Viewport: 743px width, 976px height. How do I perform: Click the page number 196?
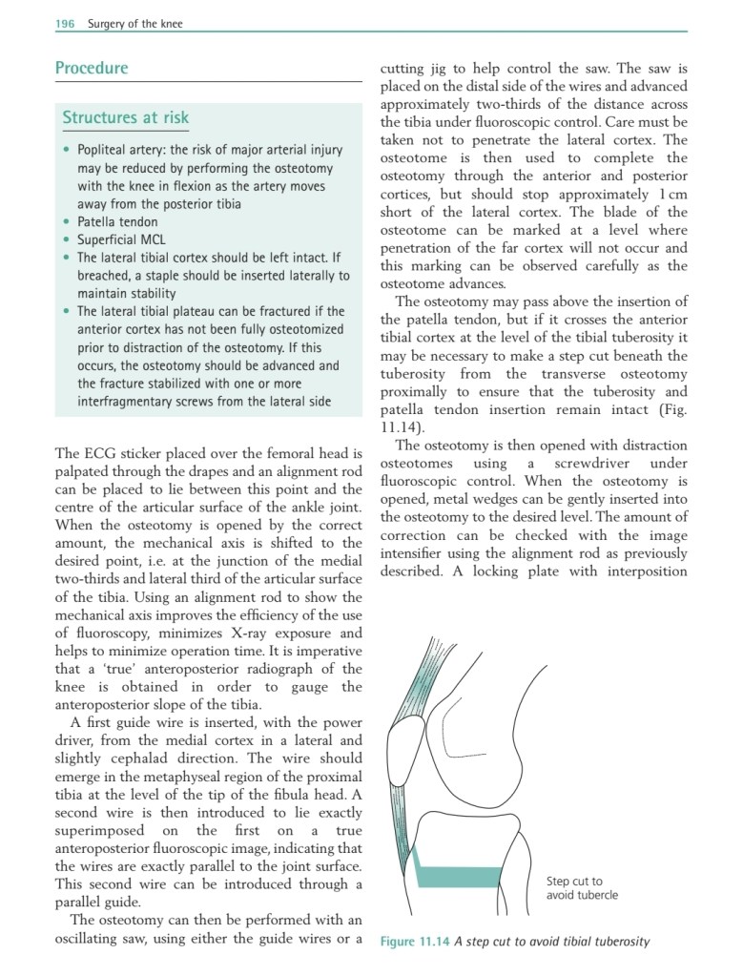tap(64, 24)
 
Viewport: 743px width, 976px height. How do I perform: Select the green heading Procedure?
tap(92, 69)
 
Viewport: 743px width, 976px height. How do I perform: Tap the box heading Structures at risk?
tap(126, 117)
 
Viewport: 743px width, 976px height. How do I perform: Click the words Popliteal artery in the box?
tap(120, 150)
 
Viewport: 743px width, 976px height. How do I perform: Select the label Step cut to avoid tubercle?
tap(582, 888)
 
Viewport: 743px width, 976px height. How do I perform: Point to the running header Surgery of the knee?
tap(134, 24)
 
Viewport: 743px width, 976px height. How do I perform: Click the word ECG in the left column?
tap(105, 453)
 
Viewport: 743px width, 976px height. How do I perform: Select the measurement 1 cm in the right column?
tap(672, 194)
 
